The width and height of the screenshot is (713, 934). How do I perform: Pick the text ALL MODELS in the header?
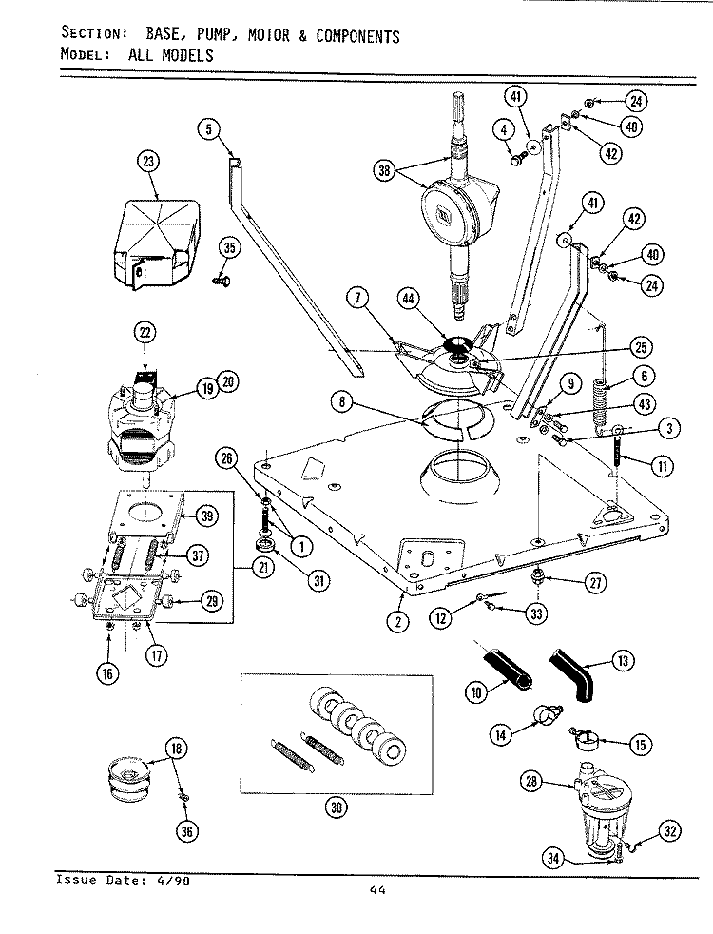[164, 55]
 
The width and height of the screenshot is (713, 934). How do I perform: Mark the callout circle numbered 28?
[532, 781]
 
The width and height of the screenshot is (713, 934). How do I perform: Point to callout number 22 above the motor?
[145, 333]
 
